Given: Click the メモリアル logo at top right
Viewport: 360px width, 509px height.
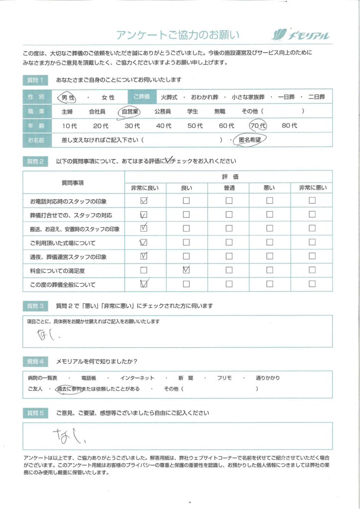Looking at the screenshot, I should point(300,35).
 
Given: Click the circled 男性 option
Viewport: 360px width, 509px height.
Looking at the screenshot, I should point(69,97).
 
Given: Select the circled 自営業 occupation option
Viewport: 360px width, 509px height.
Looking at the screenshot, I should point(130,112).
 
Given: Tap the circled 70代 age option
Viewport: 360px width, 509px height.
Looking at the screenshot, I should point(259,126).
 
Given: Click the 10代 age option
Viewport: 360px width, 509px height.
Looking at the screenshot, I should point(70,126).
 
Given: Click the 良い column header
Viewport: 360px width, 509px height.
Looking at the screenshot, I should point(186,187).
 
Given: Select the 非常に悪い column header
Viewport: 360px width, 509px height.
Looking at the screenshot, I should point(312,187).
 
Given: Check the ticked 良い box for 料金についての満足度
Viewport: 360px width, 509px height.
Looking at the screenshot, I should point(186,270).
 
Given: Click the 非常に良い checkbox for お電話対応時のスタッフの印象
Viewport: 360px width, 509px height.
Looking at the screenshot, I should point(144,201).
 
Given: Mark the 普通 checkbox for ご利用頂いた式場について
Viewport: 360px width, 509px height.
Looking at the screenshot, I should point(229,243).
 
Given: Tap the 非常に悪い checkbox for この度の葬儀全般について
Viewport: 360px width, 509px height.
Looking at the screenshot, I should point(312,285).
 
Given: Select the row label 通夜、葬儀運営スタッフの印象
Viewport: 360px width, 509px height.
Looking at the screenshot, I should point(68,257).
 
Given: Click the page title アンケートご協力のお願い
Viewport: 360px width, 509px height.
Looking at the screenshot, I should point(178,35).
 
